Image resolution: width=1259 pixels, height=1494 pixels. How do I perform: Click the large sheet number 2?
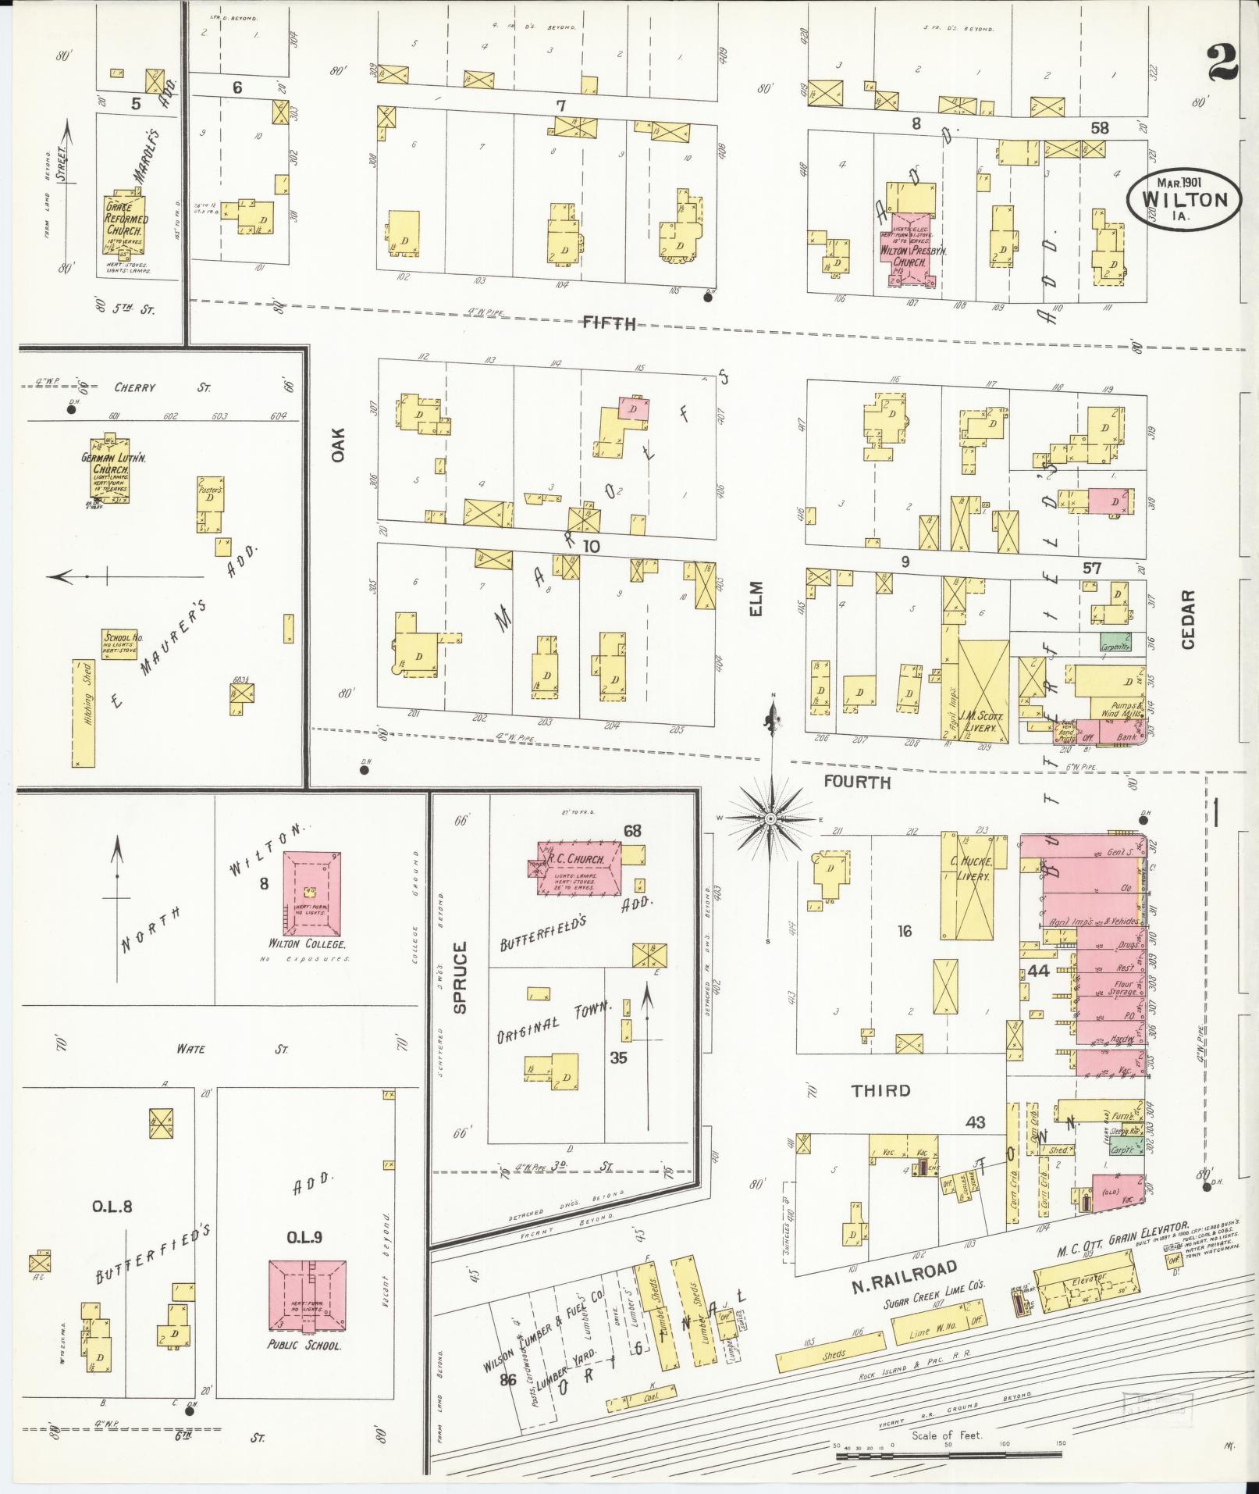(1222, 64)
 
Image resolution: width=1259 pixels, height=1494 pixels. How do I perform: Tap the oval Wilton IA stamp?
(1183, 200)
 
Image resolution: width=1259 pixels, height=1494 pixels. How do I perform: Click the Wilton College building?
(311, 893)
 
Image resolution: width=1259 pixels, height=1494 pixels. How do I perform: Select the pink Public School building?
(308, 1295)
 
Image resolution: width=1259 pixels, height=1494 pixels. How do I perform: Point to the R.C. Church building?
(579, 868)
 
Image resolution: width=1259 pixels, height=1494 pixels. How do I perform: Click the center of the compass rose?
(770, 818)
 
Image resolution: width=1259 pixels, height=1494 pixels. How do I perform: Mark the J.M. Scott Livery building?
(982, 690)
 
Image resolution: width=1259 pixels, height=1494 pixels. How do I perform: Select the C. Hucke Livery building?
(969, 886)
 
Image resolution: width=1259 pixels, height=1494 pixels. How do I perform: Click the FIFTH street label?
(609, 323)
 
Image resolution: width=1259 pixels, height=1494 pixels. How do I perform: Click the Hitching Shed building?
(82, 712)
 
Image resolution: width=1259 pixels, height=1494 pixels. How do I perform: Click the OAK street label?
(337, 447)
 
